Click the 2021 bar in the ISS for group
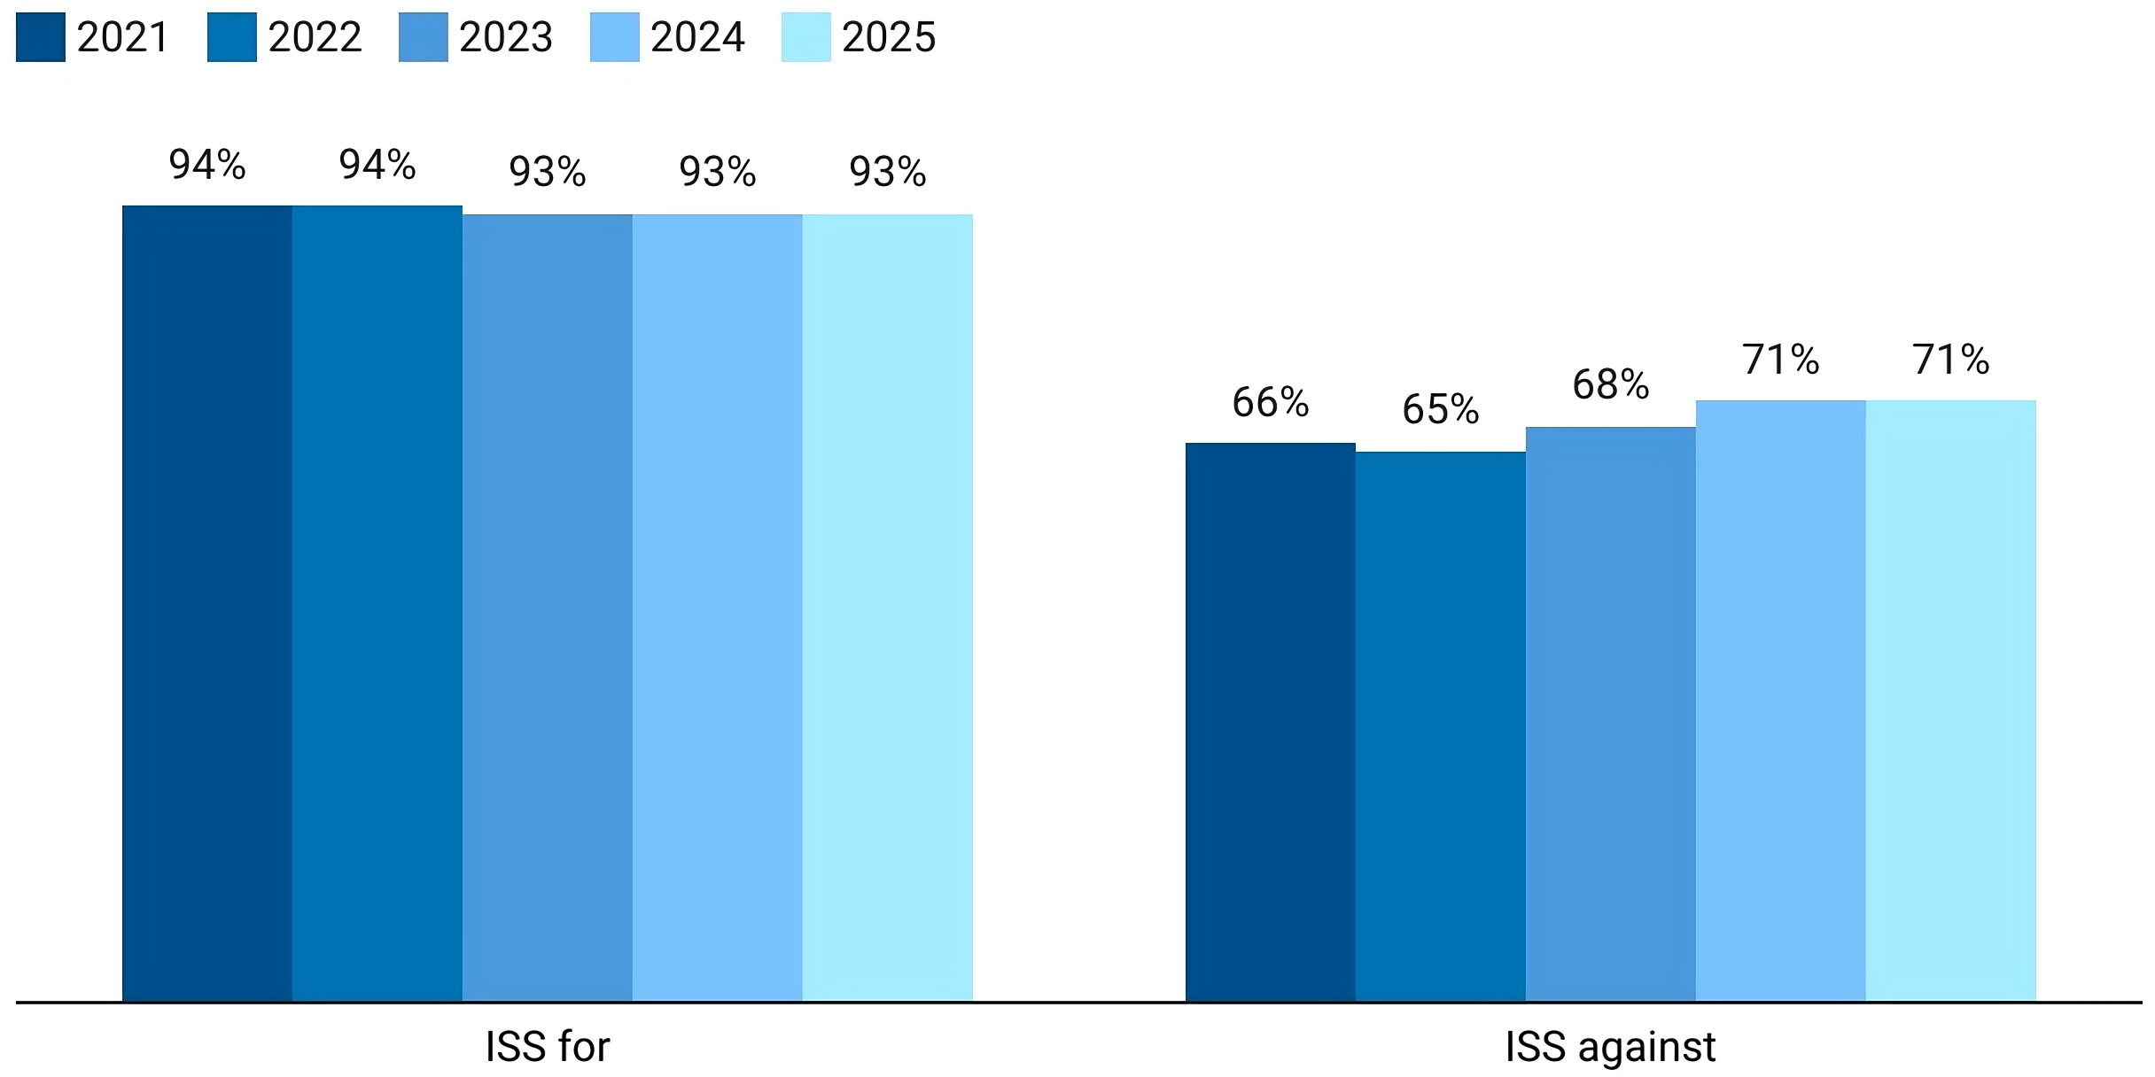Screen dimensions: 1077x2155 (207, 602)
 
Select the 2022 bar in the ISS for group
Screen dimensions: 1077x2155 (377, 602)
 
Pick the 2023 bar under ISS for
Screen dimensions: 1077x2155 (548, 607)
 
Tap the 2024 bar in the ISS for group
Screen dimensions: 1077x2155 (718, 607)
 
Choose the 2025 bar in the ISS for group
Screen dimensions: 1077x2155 (888, 607)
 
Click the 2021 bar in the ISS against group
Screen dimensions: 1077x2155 (1271, 722)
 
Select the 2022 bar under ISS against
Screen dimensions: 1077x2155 (1441, 726)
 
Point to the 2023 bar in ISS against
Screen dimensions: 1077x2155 (1611, 714)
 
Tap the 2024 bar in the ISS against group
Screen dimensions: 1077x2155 (1781, 700)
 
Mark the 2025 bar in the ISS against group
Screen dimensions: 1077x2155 (1951, 700)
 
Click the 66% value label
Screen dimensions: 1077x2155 (1271, 403)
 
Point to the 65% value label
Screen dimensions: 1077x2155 (1441, 410)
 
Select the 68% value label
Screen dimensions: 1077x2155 (1611, 385)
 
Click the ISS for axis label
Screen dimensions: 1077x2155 (548, 1047)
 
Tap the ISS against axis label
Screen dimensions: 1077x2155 (1610, 1047)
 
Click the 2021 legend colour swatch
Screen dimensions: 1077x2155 (41, 37)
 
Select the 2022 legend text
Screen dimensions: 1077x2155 (315, 37)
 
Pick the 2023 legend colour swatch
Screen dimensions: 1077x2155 (424, 37)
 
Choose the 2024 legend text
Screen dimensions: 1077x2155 (697, 37)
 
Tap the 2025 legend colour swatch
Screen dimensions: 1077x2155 (806, 37)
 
